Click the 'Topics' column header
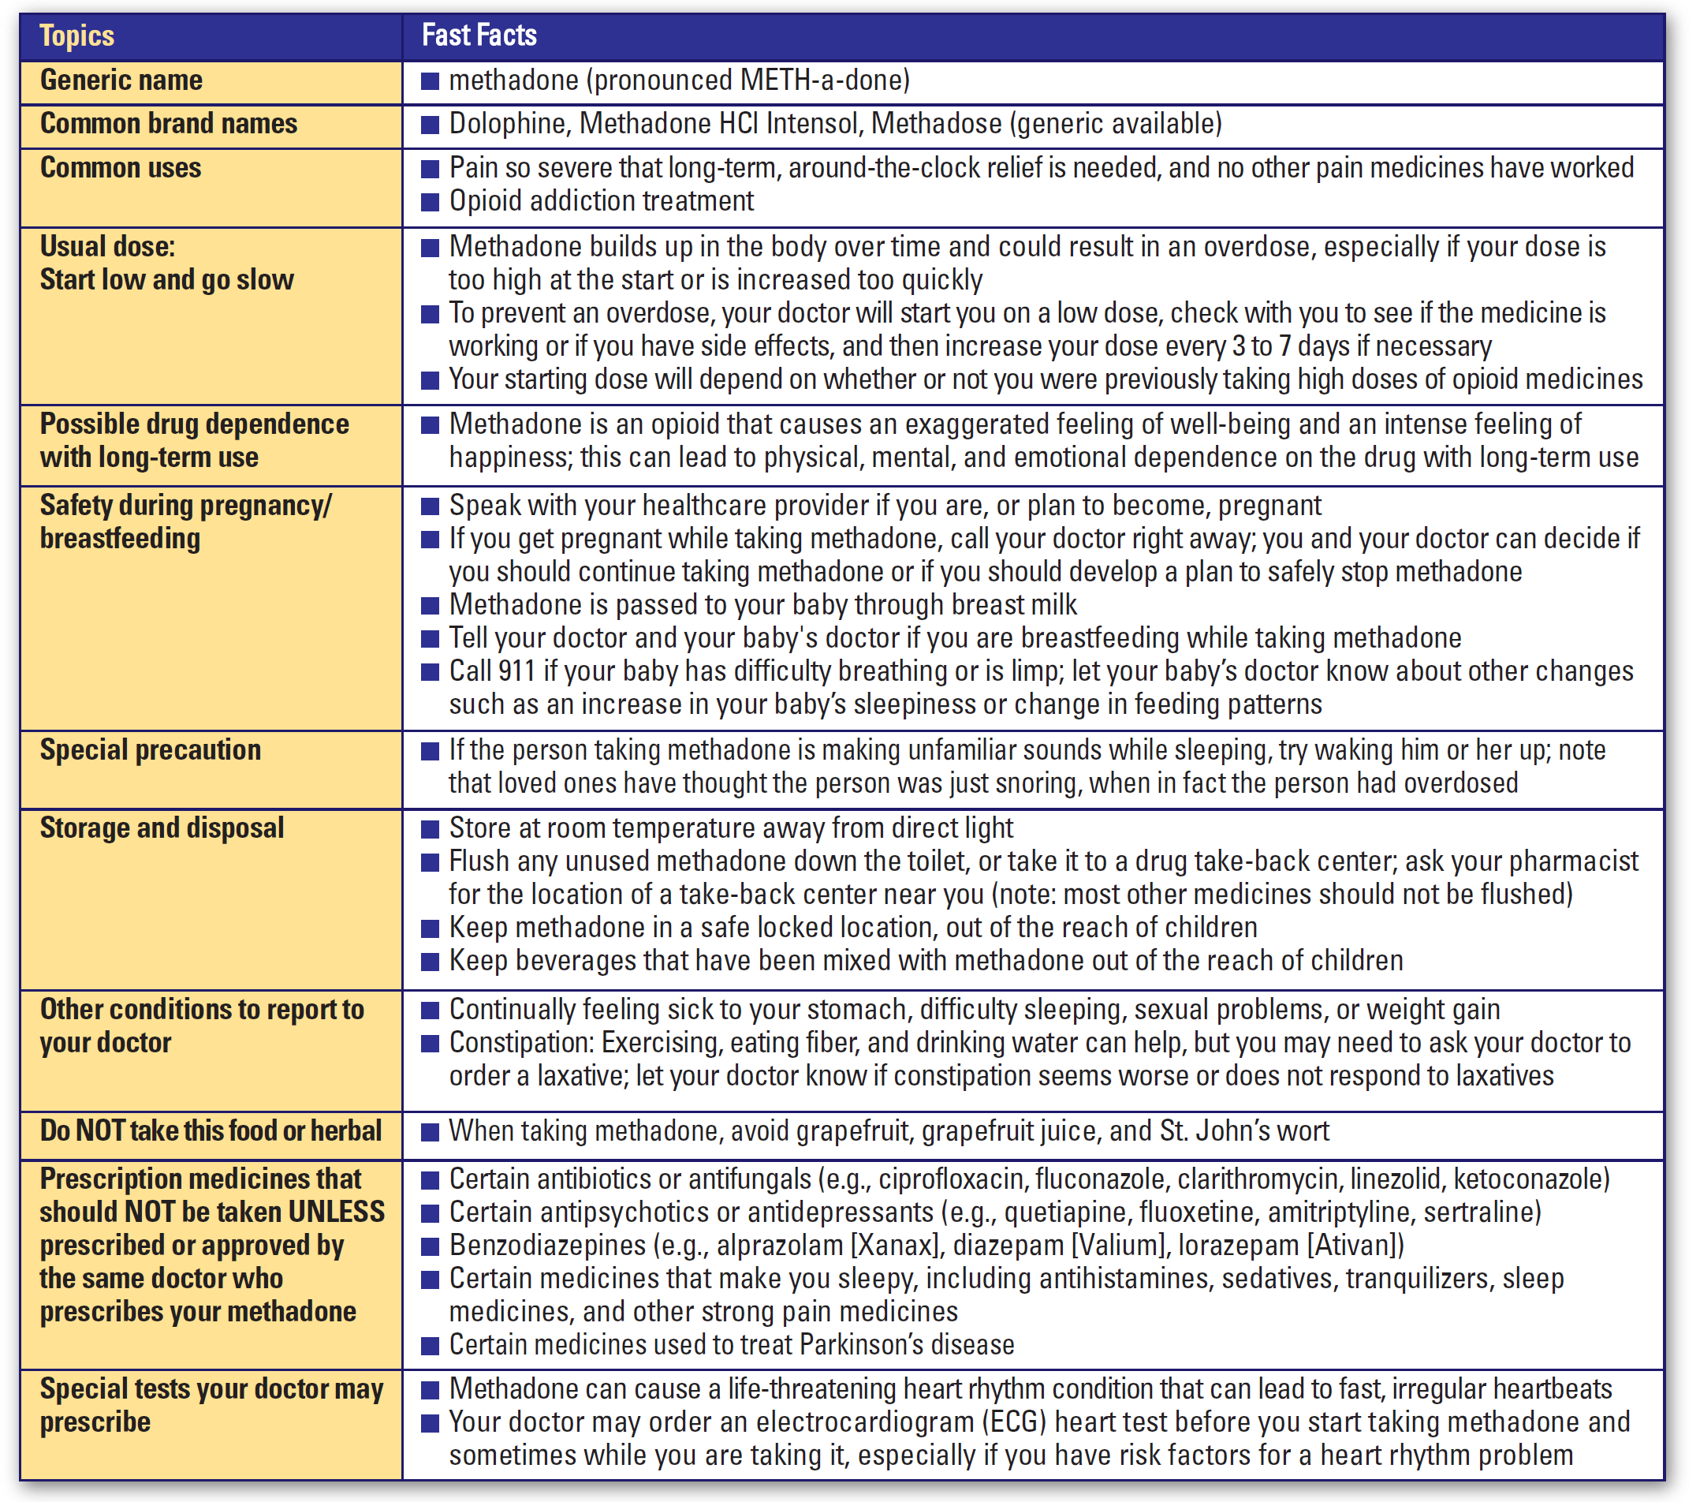point(76,35)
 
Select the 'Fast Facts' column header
point(479,35)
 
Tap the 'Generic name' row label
point(121,80)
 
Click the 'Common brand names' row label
point(169,123)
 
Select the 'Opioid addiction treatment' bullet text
point(602,200)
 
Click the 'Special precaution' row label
point(151,749)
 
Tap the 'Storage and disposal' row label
point(162,828)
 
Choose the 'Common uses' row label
point(121,167)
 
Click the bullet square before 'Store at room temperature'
point(430,829)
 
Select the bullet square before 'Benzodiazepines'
point(430,1246)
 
